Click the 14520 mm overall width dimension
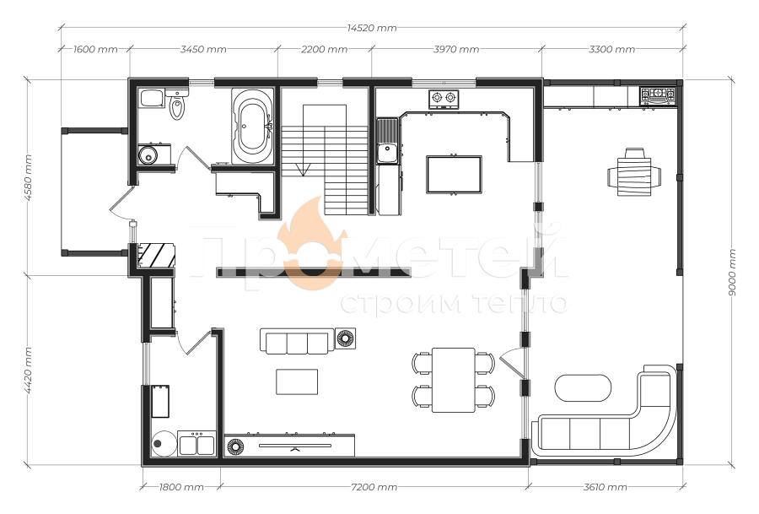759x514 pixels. (372, 28)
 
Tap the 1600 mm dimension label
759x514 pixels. (95, 49)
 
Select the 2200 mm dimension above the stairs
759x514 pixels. (325, 49)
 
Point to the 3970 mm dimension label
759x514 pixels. (456, 49)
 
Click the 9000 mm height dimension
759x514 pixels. (732, 273)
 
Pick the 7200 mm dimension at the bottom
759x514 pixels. (374, 487)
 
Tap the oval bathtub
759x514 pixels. (251, 125)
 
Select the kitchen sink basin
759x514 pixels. (387, 152)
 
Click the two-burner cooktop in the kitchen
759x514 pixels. (444, 99)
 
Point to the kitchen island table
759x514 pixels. (454, 175)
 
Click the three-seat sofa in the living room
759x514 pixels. (297, 341)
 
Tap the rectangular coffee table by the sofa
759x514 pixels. (297, 381)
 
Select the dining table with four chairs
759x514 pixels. (454, 380)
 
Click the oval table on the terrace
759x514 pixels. (583, 387)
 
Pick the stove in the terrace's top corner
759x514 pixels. (657, 96)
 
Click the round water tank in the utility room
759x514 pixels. (164, 443)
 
